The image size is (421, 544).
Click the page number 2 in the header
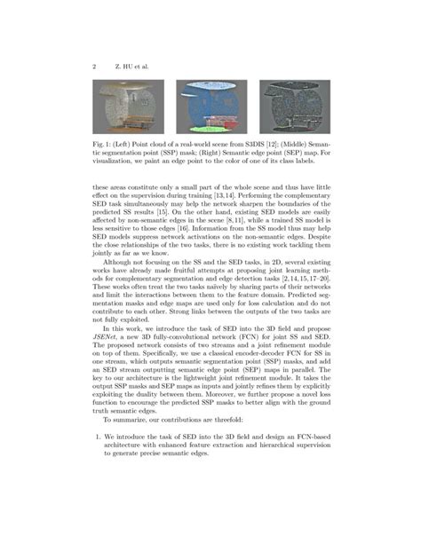tap(94, 65)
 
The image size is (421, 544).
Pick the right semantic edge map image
tap(293, 107)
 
